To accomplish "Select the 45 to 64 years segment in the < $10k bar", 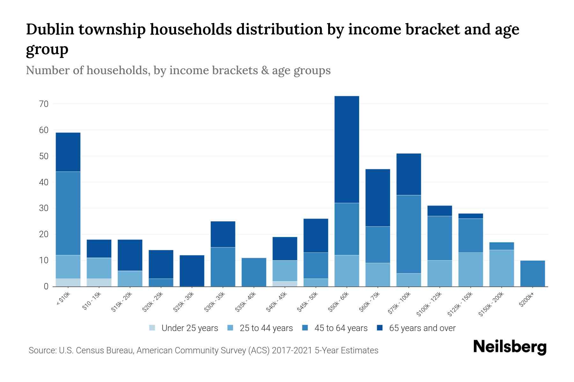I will point(68,213).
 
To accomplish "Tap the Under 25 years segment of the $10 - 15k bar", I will point(99,282).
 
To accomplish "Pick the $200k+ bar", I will point(532,273).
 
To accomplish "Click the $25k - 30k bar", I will point(192,271).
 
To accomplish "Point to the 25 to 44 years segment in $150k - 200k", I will point(501,268).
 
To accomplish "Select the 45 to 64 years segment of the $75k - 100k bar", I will point(408,234).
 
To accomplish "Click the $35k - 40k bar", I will point(254,272).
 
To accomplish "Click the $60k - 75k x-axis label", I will point(370,301).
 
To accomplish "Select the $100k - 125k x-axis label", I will point(429,304).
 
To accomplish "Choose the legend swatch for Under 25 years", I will point(152,328).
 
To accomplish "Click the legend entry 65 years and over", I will point(422,328).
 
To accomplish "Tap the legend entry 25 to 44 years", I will point(266,328).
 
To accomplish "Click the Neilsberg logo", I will point(510,347).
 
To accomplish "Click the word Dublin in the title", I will point(50,29).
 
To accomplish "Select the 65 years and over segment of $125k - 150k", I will point(470,216).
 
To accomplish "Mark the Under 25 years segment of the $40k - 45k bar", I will point(285,284).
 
